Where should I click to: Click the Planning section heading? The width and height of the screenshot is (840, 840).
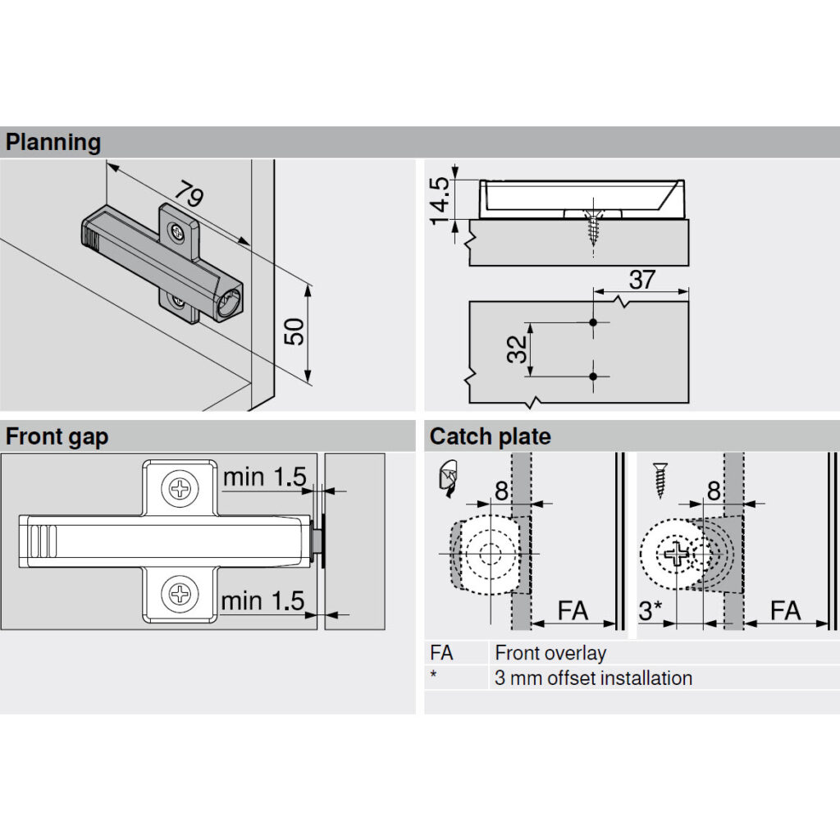[x=53, y=143]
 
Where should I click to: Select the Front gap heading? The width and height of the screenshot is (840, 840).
[x=57, y=436]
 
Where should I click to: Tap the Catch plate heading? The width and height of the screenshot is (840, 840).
[x=491, y=436]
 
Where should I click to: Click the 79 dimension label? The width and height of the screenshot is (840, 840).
[x=189, y=194]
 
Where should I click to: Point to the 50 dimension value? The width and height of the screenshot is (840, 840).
[x=294, y=331]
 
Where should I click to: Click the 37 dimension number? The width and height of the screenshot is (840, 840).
[x=641, y=280]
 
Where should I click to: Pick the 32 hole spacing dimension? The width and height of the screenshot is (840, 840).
[x=518, y=349]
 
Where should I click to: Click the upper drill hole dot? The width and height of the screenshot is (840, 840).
[x=593, y=322]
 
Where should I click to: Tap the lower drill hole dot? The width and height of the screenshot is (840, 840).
[x=593, y=377]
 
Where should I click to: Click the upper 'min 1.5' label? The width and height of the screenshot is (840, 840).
[x=265, y=477]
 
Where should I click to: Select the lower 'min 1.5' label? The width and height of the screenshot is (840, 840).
[x=262, y=601]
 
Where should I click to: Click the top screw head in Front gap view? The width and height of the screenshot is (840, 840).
[x=180, y=489]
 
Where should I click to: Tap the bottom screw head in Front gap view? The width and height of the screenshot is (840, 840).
[x=180, y=594]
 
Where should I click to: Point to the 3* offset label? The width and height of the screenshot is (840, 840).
[x=651, y=610]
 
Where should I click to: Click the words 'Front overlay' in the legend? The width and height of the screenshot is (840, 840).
[x=550, y=653]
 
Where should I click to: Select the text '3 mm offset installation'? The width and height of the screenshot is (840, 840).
[x=594, y=678]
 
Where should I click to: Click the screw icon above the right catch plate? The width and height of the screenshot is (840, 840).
[x=660, y=480]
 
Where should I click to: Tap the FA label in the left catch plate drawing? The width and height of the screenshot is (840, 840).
[x=573, y=610]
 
